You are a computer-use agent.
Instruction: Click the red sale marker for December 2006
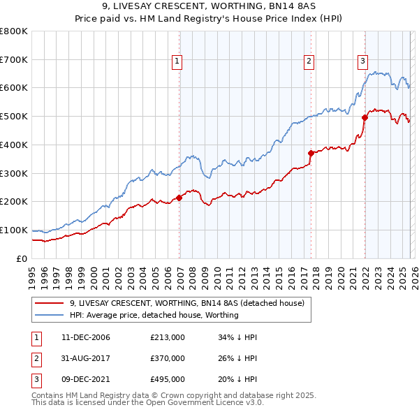[x=179, y=198]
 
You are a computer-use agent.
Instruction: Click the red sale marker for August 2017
[x=311, y=153]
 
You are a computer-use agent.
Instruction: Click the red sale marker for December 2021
[x=365, y=117]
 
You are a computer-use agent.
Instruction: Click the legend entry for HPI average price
[x=154, y=315]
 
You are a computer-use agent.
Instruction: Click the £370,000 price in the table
[x=168, y=358]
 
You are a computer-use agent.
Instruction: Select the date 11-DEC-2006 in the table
[x=86, y=337]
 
